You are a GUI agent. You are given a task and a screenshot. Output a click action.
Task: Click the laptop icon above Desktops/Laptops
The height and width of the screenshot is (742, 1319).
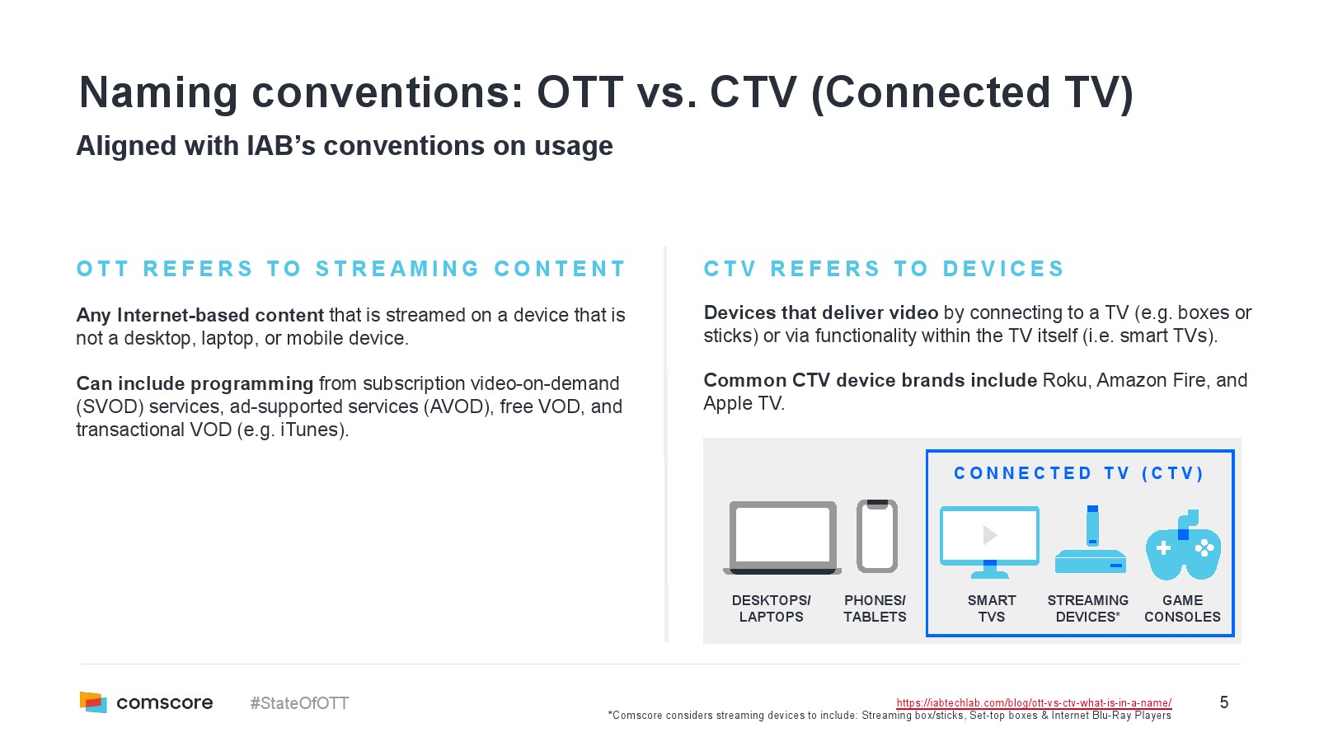coord(782,537)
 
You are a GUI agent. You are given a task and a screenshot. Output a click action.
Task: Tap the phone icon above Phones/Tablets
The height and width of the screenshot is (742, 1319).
coord(877,536)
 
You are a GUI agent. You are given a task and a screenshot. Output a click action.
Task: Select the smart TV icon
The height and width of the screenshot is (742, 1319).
coord(989,542)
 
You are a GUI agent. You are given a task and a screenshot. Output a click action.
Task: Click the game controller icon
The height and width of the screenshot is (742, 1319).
coord(1183,545)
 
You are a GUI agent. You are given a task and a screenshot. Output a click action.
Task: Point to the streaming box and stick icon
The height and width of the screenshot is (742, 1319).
coord(1091,539)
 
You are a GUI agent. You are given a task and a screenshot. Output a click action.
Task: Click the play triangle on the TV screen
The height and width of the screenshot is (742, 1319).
coord(990,535)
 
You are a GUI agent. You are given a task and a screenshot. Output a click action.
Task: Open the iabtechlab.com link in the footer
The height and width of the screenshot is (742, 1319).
coord(1034,702)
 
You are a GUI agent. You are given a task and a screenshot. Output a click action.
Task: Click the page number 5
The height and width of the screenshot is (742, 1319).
coord(1223,702)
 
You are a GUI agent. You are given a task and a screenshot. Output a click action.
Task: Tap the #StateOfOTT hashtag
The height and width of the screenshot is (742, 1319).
coord(299,703)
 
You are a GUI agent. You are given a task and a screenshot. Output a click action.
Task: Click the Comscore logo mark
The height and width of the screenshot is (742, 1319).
coord(93,702)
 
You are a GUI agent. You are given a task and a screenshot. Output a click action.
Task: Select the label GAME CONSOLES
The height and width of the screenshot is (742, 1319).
coord(1182,608)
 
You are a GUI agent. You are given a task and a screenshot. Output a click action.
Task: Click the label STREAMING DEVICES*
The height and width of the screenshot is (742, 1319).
coord(1087,608)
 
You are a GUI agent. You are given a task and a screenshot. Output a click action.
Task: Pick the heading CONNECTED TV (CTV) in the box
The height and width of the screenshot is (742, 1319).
coord(1079,473)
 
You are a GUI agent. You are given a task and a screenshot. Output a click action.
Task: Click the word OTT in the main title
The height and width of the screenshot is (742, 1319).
coord(580,92)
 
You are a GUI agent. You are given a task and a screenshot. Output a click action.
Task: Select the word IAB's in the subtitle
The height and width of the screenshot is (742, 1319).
coord(281,145)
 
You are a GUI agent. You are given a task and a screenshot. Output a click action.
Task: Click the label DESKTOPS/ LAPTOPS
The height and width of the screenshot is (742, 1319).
coord(771,608)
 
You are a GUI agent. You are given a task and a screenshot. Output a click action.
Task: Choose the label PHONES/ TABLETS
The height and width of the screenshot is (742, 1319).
coord(875,608)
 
